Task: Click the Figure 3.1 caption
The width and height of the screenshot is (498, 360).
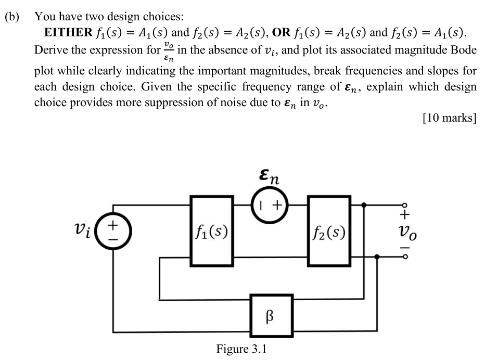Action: [241, 348]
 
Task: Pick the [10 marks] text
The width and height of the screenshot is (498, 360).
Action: [450, 118]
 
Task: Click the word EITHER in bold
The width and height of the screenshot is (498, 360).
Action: [67, 33]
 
